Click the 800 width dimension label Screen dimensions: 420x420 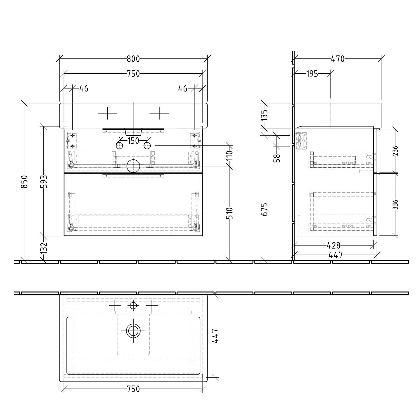tap(133, 59)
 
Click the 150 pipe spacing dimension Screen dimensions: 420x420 tap(133, 141)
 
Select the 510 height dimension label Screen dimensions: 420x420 tap(229, 214)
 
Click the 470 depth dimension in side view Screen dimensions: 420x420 tap(338, 59)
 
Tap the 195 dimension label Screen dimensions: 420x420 tap(312, 74)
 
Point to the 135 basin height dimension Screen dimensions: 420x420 tap(264, 115)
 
